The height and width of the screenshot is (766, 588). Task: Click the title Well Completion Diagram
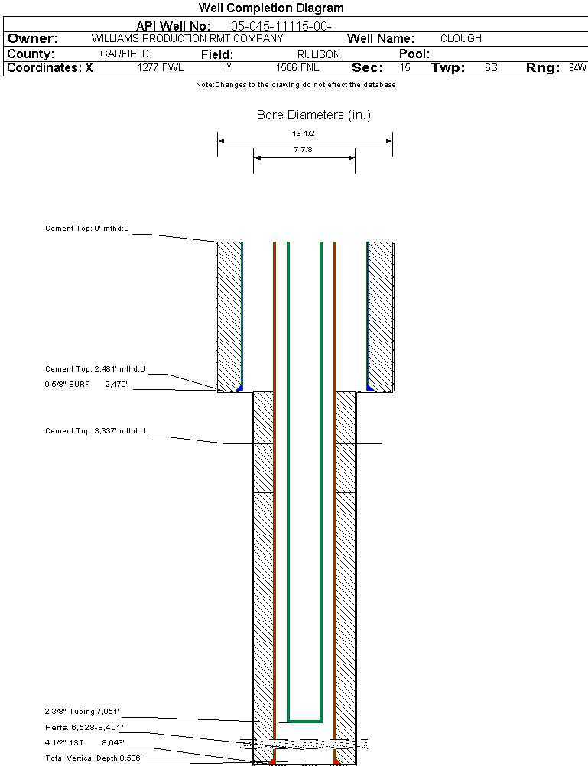(x=271, y=8)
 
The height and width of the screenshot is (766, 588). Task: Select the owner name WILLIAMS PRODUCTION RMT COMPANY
(x=187, y=38)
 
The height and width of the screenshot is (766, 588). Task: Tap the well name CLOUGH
(x=461, y=38)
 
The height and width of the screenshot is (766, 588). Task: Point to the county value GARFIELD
(x=125, y=54)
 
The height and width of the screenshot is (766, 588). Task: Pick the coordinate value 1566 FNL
(x=297, y=68)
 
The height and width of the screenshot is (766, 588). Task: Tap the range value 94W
(x=577, y=68)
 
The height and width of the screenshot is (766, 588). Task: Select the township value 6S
(x=491, y=68)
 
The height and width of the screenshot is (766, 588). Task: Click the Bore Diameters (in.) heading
(x=313, y=115)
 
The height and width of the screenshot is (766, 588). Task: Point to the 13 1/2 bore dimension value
(x=304, y=134)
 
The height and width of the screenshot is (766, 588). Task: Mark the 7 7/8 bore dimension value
(x=304, y=151)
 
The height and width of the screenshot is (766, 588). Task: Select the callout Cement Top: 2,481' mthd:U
(x=95, y=369)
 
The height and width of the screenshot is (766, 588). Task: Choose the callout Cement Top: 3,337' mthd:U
(x=95, y=432)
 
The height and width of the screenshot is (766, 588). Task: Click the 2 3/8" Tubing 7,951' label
(x=83, y=712)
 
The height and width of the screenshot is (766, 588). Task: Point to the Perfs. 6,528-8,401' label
(x=84, y=727)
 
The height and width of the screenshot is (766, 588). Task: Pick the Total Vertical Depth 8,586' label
(x=93, y=758)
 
